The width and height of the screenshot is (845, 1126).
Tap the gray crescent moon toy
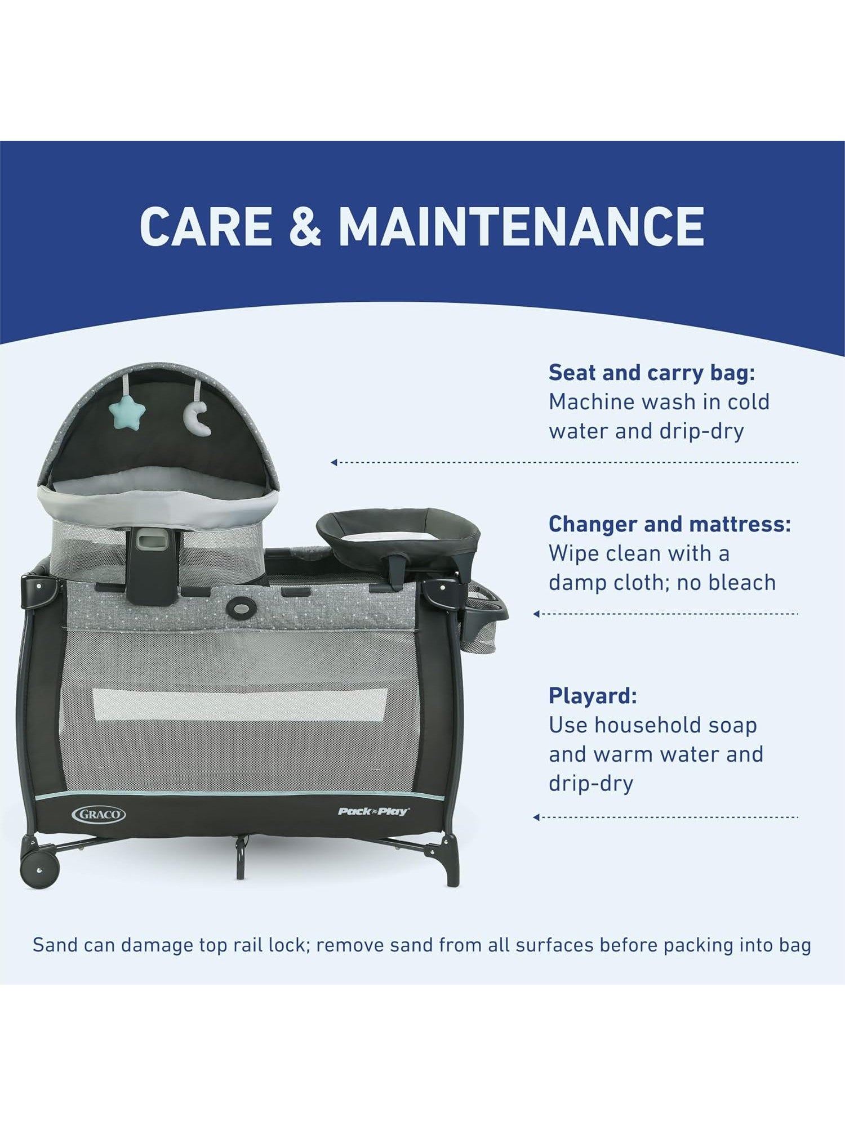coord(198,417)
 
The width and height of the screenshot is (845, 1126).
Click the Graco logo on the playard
coord(99,814)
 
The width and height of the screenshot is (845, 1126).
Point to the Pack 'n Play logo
coord(373,811)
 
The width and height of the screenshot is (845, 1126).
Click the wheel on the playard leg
coord(39,869)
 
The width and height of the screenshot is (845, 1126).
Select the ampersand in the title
coord(304,226)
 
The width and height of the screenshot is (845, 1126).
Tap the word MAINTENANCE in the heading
coord(521,226)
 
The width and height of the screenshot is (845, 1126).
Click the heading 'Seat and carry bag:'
coord(652,373)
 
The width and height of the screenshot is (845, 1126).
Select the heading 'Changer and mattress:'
coord(670,524)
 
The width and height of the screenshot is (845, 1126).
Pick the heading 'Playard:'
coord(593,696)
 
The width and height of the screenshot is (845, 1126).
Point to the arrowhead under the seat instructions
coord(334,462)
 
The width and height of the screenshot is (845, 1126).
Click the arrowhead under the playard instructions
coord(536,817)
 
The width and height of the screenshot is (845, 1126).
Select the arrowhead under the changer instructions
coord(536,614)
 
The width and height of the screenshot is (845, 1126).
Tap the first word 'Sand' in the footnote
coord(55,945)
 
